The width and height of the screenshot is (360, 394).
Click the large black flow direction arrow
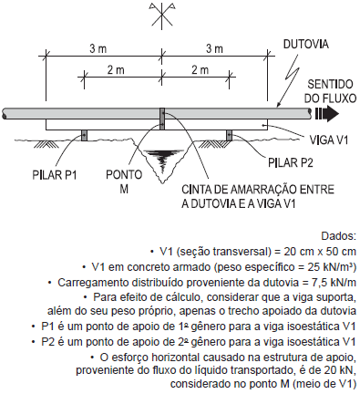[x=325, y=114]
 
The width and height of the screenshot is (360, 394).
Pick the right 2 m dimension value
[x=198, y=71]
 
